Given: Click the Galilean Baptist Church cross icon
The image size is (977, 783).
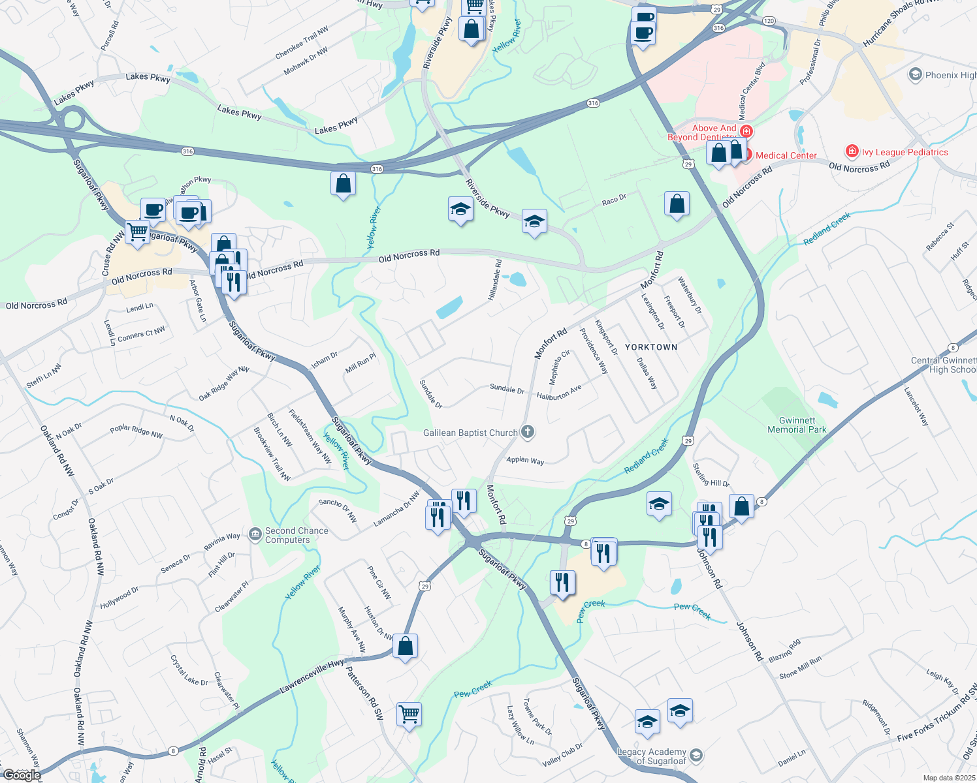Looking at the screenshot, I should coord(528,432).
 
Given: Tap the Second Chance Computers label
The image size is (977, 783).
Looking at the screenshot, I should coord(296,535).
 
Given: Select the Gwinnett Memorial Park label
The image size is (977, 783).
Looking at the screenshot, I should coord(797,425).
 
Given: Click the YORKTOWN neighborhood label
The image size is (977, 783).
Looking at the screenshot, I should coord(651,347).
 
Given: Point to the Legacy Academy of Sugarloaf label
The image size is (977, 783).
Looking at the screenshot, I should coord(652,756).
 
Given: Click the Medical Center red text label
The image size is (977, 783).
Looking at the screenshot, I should coord(786,155).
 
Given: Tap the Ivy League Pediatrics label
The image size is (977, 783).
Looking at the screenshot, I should coord(905,152).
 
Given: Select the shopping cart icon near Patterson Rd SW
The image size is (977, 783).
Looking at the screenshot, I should coord(409,713).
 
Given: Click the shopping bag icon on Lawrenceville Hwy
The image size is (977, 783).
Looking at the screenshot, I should coord(405,646).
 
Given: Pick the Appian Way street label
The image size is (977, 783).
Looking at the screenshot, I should coord(525,460).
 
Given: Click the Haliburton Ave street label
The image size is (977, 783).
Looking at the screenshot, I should coord(558,393).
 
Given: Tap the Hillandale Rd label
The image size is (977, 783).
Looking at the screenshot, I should coord(495,280).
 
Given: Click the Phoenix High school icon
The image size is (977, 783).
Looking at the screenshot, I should coord(915,75).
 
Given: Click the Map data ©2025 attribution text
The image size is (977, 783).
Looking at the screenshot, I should coord(949,778).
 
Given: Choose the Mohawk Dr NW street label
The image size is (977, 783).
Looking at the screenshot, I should coord(306,61).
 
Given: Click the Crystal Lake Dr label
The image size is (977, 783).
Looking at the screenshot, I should coord(189,671).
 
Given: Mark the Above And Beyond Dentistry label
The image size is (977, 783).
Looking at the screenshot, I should coord(702,133).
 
